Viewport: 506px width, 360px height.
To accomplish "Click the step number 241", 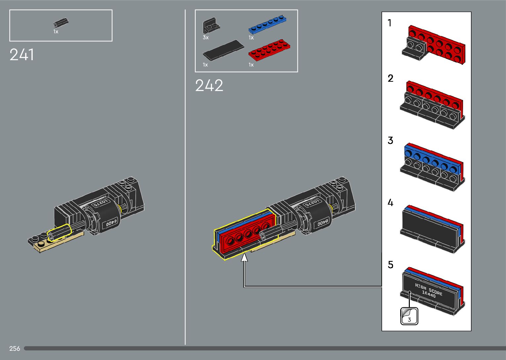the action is tap(22, 55).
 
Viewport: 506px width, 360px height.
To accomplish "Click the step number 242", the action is tap(209, 85).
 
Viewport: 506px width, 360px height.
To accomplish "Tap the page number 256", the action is tap(15, 348).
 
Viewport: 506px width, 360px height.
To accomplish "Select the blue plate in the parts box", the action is tap(267, 24).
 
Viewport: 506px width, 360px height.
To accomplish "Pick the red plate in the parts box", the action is tap(269, 50).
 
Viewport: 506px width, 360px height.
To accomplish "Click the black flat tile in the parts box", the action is tap(223, 50).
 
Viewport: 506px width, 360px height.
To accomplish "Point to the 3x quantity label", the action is tap(206, 37).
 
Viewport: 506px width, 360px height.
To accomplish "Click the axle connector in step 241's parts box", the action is tap(61, 23).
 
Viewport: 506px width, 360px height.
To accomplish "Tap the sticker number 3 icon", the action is tap(409, 316).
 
